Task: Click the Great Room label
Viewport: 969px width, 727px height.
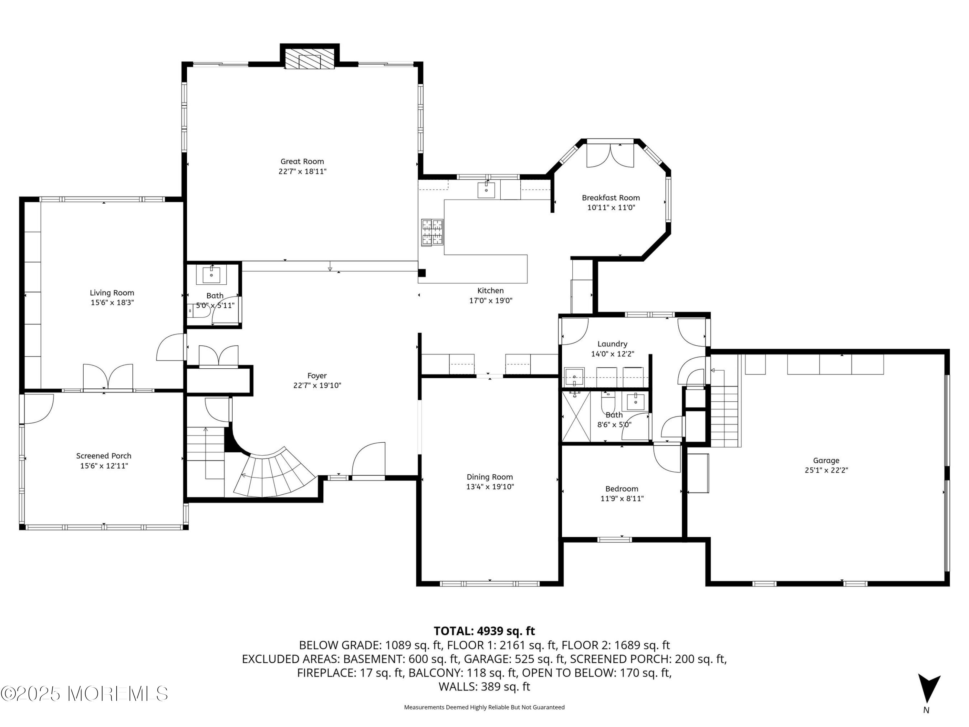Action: [302, 161]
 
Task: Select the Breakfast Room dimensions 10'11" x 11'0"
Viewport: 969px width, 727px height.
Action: [611, 208]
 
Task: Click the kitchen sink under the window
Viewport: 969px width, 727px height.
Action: [486, 190]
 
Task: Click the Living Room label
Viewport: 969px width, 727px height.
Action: [112, 293]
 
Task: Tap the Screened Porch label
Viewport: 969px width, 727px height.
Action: [104, 456]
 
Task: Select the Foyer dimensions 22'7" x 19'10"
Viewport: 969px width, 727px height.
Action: [317, 385]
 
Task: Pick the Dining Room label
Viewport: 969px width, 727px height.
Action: [490, 477]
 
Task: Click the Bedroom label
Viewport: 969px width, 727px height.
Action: [622, 489]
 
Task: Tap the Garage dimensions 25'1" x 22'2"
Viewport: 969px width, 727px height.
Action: [826, 470]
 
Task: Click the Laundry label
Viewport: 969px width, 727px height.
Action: [612, 344]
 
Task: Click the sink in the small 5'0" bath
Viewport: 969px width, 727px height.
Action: [212, 275]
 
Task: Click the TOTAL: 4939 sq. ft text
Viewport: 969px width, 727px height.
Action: [484, 631]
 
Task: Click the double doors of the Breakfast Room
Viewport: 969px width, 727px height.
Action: [610, 155]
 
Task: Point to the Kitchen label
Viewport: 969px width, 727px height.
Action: [490, 290]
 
